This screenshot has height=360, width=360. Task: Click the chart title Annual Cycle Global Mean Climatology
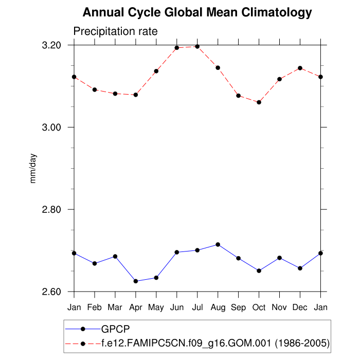click(x=197, y=12)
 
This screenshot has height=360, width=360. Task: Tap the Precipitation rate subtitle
click(x=115, y=32)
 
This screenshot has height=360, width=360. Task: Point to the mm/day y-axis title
click(x=33, y=169)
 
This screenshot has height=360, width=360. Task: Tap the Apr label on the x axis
click(x=136, y=308)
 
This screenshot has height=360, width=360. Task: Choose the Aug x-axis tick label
click(x=218, y=308)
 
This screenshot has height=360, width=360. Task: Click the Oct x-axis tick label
click(x=259, y=308)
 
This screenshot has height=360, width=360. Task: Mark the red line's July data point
click(x=197, y=46)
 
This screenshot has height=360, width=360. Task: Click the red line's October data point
click(x=259, y=102)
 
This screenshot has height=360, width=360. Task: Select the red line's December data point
click(x=300, y=68)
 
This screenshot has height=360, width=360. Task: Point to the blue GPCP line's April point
click(x=136, y=281)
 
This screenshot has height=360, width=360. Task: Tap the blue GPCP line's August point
click(x=218, y=244)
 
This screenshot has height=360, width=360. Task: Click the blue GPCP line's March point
click(x=115, y=256)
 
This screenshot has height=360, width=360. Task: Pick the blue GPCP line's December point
click(x=300, y=268)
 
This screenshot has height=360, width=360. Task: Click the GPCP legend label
click(x=116, y=328)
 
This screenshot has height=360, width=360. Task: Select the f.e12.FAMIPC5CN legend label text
click(x=215, y=342)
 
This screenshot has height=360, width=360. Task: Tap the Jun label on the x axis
click(x=177, y=308)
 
